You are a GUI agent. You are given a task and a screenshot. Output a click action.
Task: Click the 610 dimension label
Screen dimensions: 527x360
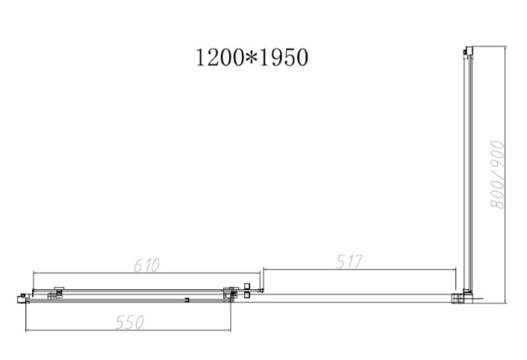(x=146, y=265)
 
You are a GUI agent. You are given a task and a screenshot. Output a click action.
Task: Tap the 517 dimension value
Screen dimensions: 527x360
(x=349, y=261)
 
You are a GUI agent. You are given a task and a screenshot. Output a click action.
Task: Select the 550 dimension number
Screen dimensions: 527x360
(x=129, y=322)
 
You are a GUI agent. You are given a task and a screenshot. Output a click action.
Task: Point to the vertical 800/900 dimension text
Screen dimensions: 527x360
(x=497, y=175)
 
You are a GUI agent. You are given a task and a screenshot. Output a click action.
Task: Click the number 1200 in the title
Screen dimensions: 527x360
(x=219, y=58)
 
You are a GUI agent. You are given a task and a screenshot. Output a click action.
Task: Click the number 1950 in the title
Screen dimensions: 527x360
(x=284, y=58)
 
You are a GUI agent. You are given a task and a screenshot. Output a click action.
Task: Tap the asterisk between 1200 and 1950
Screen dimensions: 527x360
(x=252, y=58)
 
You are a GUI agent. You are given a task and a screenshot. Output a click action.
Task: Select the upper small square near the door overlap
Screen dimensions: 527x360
(x=247, y=286)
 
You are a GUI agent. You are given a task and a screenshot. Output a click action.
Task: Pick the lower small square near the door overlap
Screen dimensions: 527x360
(x=247, y=295)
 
